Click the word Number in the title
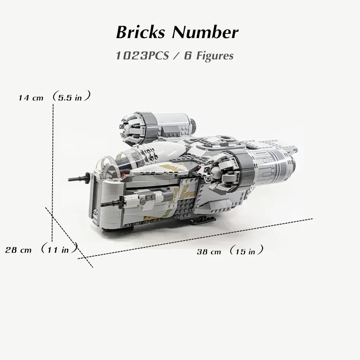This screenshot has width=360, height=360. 205,32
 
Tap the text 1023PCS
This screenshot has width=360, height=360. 141,56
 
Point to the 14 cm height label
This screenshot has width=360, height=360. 31,98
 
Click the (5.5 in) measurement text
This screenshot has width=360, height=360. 71,97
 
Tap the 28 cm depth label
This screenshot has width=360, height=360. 18,249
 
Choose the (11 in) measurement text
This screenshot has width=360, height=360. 59,249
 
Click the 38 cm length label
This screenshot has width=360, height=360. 209,252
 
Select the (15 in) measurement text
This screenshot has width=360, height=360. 246,251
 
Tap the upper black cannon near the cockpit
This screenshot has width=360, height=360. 77,177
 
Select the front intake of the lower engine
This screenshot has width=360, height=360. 220,173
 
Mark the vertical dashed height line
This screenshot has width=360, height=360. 53,162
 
